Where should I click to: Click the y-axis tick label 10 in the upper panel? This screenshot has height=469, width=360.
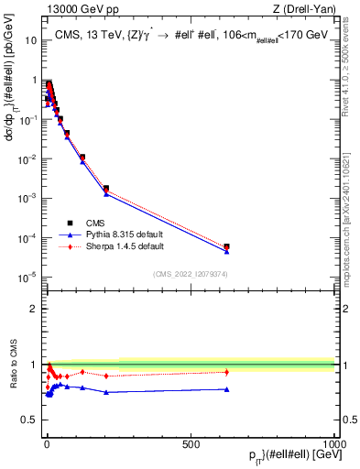point(27,41)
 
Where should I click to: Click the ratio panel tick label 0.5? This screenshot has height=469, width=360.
point(27,420)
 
